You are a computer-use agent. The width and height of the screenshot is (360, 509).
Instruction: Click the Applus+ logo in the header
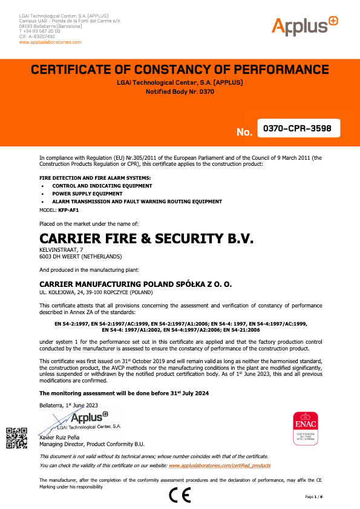[x=304, y=25]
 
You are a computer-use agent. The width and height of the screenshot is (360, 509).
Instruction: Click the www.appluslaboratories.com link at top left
[x=50, y=42]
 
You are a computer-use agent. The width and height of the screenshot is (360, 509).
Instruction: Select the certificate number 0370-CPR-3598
[x=298, y=128]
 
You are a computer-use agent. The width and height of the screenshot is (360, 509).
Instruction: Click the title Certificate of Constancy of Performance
[x=180, y=69]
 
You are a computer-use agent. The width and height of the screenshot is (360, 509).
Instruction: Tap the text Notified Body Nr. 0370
[x=180, y=92]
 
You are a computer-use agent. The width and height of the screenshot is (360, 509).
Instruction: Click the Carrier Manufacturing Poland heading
[x=135, y=283]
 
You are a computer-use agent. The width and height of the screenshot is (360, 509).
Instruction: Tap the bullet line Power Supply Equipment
[x=83, y=194]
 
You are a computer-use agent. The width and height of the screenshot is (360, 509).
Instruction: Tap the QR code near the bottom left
[x=16, y=438]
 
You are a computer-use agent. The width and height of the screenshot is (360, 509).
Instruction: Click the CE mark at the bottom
[x=180, y=495]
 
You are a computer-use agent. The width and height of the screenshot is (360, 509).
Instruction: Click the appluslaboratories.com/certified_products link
[x=220, y=465]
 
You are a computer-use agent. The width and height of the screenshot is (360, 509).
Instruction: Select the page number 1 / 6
[x=314, y=496]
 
